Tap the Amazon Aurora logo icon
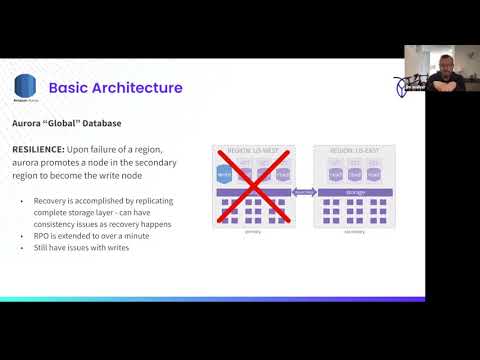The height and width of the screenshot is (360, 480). tap(25, 86)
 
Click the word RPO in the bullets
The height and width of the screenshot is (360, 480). tap(43, 237)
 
